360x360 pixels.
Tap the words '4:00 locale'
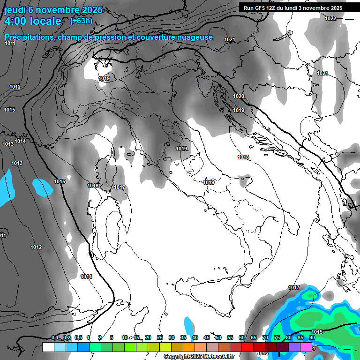pos(33,21)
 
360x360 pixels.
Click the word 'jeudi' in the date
pos(15,9)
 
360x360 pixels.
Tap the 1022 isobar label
pos(330,18)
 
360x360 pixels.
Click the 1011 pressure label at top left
pos(10,43)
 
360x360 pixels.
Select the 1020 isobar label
pos(239,96)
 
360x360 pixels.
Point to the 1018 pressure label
pos(243,157)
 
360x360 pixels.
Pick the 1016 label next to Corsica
pos(93,186)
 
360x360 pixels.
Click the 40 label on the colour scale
pos(195,337)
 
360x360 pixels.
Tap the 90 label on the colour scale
pos(312,337)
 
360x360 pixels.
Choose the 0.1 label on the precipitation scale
pos(55,337)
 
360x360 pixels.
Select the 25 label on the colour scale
pos(160,337)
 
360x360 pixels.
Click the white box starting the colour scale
pos(48,347)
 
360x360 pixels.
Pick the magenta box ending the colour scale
pos(306,347)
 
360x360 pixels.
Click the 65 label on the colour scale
pos(254,337)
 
